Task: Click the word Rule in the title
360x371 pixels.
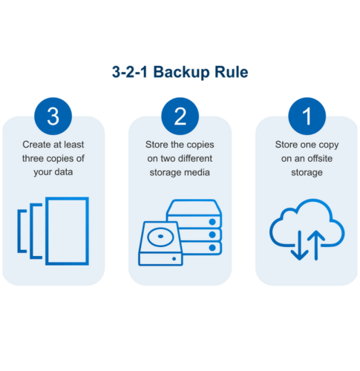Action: [x=231, y=72]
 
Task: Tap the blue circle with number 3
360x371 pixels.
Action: [x=53, y=116]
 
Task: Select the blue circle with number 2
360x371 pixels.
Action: [x=180, y=116]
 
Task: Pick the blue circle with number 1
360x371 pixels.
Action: [x=307, y=116]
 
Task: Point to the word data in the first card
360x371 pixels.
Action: [x=64, y=172]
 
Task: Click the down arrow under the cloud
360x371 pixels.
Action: [x=299, y=245]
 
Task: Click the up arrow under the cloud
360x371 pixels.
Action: [x=316, y=245]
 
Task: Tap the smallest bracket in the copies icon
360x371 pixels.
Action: [x=19, y=231]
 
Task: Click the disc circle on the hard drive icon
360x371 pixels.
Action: [x=160, y=237]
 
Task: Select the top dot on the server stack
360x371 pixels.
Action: [x=212, y=222]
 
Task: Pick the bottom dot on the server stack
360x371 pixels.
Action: [x=212, y=248]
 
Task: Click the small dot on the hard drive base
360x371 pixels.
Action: [x=174, y=259]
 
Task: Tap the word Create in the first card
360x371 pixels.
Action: [x=36, y=145]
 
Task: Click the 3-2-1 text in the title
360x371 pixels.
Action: [x=130, y=72]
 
